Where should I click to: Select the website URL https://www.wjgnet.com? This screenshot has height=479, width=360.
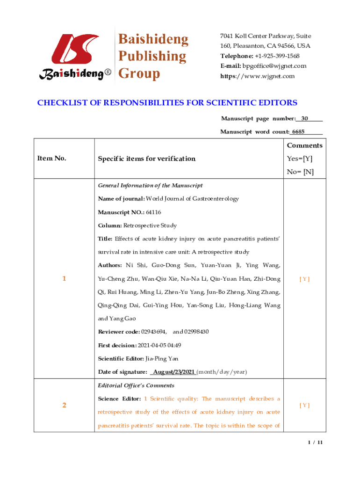[x=258, y=76]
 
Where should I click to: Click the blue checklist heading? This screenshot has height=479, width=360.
[x=167, y=103]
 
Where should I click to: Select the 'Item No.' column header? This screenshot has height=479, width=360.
[x=51, y=159]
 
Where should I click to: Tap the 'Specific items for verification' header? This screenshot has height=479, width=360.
[x=146, y=159]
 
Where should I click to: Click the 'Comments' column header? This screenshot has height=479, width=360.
[x=304, y=145]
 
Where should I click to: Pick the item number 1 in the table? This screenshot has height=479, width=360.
[x=64, y=279]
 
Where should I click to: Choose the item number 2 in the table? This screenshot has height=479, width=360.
[x=64, y=405]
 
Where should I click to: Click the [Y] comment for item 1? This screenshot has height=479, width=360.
[x=304, y=279]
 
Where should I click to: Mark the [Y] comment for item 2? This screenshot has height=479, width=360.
[x=304, y=405]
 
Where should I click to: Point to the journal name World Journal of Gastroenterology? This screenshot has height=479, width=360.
[x=192, y=198]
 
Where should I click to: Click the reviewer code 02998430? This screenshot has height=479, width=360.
[x=197, y=332]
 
